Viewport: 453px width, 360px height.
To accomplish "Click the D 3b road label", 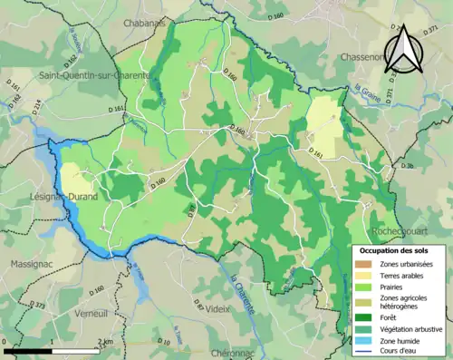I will (408, 166).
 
